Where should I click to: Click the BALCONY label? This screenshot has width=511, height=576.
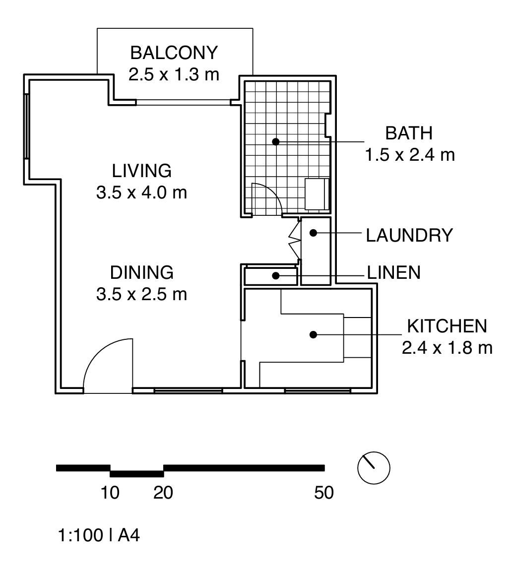click(x=174, y=52)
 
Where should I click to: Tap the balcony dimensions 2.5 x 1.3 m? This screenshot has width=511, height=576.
click(x=174, y=74)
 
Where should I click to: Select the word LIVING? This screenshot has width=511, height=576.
click(x=142, y=171)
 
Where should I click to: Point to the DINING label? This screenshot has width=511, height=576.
click(x=142, y=272)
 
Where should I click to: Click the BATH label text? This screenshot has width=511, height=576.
click(x=409, y=133)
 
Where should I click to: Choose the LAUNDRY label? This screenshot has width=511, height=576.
click(x=409, y=235)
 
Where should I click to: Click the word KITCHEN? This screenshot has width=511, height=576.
click(x=447, y=326)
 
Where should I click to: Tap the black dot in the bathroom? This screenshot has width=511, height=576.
click(x=276, y=141)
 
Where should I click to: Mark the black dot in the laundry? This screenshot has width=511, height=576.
click(x=314, y=232)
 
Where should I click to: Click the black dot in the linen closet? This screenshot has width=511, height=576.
click(x=275, y=275)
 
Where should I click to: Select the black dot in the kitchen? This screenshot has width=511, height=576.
click(x=313, y=335)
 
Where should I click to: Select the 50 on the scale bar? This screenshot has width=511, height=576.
click(x=323, y=493)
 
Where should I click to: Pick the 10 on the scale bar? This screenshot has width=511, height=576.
click(x=110, y=493)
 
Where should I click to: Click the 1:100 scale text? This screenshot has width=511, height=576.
click(x=79, y=536)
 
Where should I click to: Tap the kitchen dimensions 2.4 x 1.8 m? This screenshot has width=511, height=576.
click(x=447, y=348)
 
